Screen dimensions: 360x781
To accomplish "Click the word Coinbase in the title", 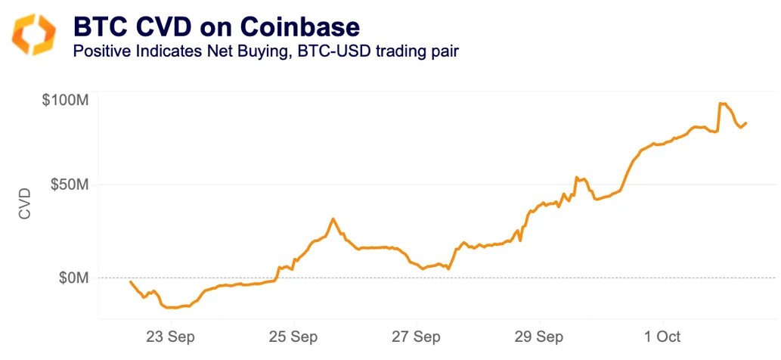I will (300, 28).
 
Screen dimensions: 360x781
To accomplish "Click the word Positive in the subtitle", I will (99, 52).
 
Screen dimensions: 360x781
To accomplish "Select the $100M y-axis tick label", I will (65, 100).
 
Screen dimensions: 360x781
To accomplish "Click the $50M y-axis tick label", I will (69, 185).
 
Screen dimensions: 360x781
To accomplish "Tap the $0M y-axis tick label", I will (73, 278).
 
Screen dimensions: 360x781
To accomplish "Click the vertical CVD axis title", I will (25, 203).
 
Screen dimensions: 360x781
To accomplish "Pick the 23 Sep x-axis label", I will (171, 336).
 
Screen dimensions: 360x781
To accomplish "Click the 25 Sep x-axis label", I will (293, 336).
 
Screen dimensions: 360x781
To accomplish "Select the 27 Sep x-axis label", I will (417, 336).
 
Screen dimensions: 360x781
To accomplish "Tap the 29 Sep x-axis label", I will (539, 336).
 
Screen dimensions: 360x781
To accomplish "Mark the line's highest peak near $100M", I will (721, 103).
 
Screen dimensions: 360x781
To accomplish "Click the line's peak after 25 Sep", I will (333, 219).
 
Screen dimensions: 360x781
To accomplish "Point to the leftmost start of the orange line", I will (131, 281).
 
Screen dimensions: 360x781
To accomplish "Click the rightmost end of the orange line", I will (746, 123).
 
